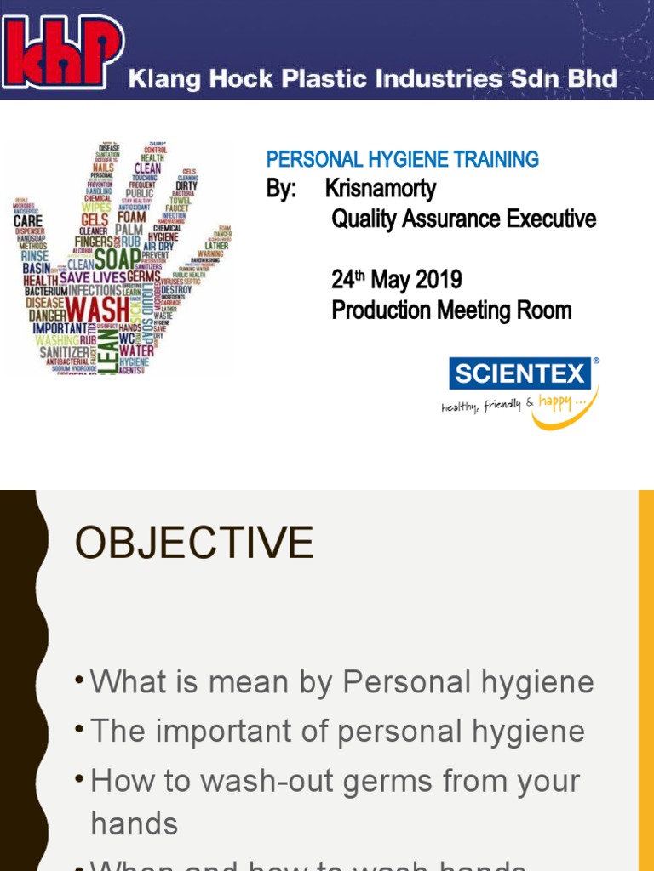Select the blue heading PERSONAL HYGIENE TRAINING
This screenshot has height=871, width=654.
pos(402,159)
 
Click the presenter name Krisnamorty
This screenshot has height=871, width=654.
pos(381,188)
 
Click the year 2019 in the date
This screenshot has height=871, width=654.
pos(439,279)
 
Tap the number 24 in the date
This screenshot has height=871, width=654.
pos(342,279)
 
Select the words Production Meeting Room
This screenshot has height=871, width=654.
pos(451,310)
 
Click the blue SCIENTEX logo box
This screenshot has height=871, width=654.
pos(519,373)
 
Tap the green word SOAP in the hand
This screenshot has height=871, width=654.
pos(117,259)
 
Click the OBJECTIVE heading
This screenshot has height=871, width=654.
pos(194,543)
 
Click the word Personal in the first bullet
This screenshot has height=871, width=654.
pos(403,682)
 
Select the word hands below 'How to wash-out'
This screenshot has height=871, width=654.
pos(134,823)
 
